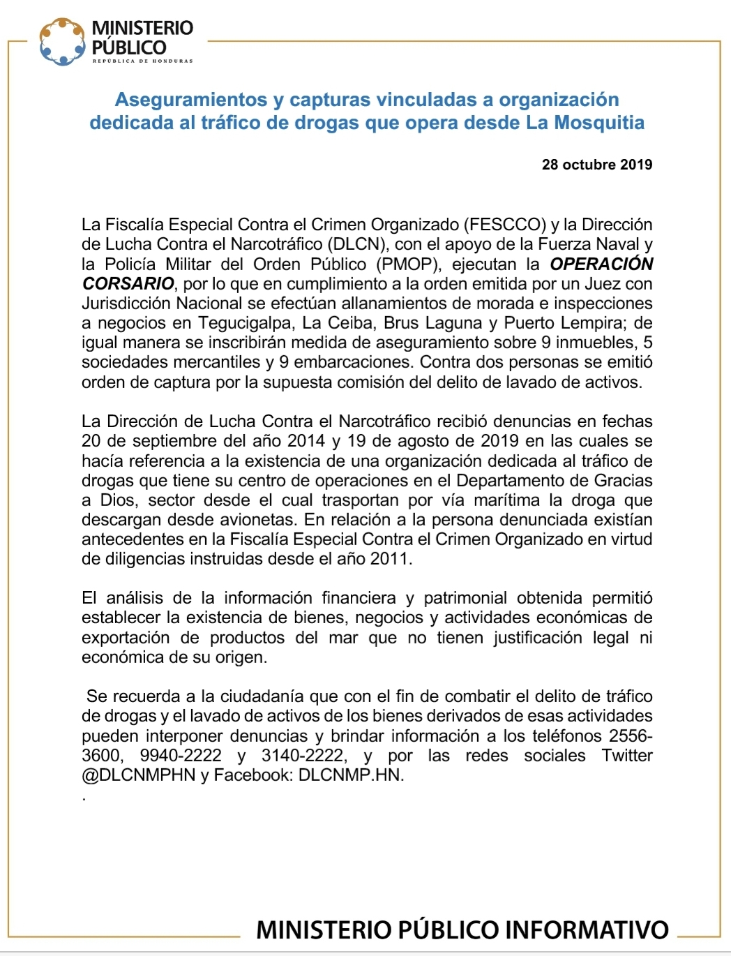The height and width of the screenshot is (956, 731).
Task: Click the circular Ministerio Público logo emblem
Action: pos(63,41)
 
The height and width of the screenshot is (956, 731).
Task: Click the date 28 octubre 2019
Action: pos(596,165)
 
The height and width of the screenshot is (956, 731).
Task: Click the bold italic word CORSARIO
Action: pos(128,284)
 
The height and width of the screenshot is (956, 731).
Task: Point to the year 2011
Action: pos(391,559)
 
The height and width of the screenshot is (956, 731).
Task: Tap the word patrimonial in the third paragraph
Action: pos(465,598)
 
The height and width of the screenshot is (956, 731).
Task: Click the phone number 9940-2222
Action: pos(181,756)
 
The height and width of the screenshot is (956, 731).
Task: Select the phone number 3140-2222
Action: pos(303,756)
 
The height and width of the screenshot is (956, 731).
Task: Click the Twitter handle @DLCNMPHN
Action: pos(139,775)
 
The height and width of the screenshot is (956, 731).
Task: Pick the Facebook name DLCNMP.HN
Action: pos(351,775)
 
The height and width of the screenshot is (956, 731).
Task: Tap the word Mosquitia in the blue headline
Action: pos(599,123)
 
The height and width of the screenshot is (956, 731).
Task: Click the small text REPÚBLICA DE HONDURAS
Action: pos(142,61)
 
